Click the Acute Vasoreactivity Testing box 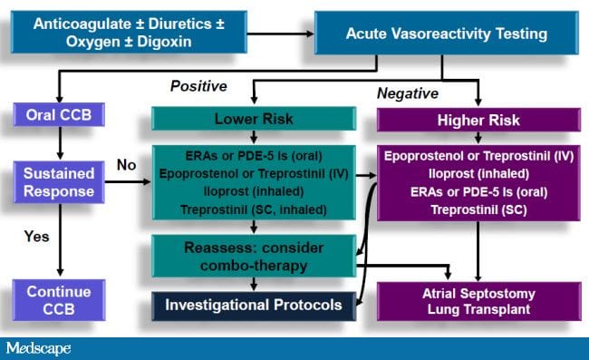(446, 34)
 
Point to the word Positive (198, 86)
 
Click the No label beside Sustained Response (126, 165)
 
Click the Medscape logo (38, 348)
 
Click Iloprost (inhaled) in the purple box (477, 173)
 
